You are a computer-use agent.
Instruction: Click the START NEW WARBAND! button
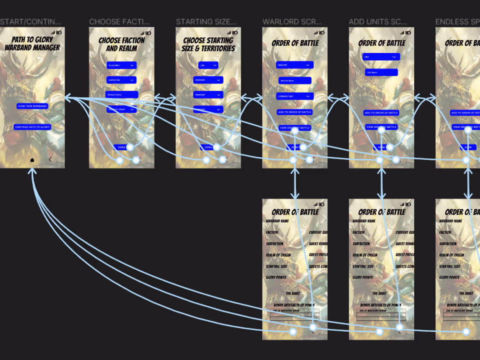coord(32,106)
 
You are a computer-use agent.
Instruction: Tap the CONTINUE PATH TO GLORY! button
coord(32,127)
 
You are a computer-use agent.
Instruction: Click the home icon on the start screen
coord(32,160)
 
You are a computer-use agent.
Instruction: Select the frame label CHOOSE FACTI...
coord(120,22)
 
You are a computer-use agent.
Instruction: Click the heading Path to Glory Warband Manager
coord(32,44)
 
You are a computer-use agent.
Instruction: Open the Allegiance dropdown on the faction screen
coord(121,65)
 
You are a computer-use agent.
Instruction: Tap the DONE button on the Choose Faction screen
coord(121,147)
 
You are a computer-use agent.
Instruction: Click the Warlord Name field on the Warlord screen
coord(295,81)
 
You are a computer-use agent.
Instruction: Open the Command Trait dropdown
coord(295,96)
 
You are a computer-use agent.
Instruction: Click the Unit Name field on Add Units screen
coord(381,72)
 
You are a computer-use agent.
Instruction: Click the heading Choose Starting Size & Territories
coord(208,44)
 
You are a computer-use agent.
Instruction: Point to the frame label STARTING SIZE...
coord(206,22)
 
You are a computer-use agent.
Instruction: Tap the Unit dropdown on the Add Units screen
coord(381,57)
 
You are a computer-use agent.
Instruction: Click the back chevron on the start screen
coord(50,160)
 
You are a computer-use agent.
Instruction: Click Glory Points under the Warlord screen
coord(276,278)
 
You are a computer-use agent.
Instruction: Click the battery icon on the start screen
coord(62,33)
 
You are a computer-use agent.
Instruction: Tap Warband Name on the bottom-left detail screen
coord(278,221)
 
